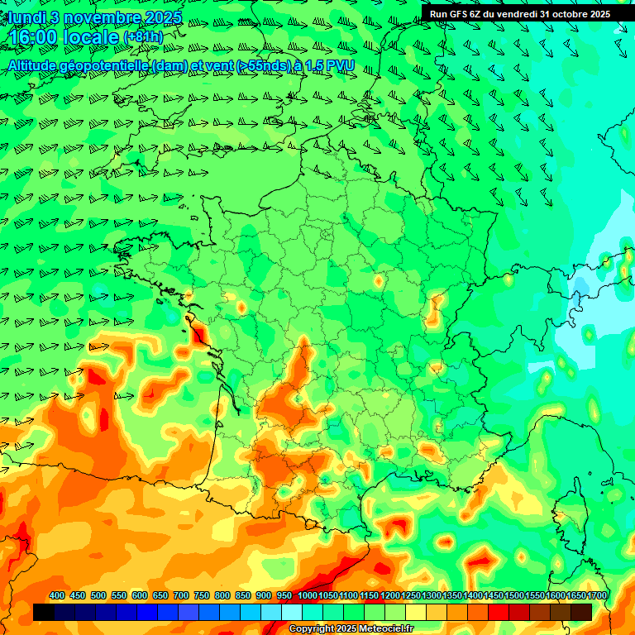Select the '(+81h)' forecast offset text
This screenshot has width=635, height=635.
[143, 36]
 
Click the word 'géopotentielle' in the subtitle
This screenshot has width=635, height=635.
[101, 64]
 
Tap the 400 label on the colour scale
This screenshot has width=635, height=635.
[57, 596]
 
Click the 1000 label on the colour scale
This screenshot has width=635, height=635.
[307, 596]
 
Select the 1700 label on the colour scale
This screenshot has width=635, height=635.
[597, 596]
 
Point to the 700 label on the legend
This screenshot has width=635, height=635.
[181, 596]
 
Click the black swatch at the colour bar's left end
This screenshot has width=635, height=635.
[44, 612]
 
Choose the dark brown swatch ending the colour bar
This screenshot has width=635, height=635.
[581, 612]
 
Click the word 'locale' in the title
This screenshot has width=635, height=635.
[91, 36]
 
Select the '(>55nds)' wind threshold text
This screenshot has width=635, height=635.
[257, 64]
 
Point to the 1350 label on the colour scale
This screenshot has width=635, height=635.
[452, 596]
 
